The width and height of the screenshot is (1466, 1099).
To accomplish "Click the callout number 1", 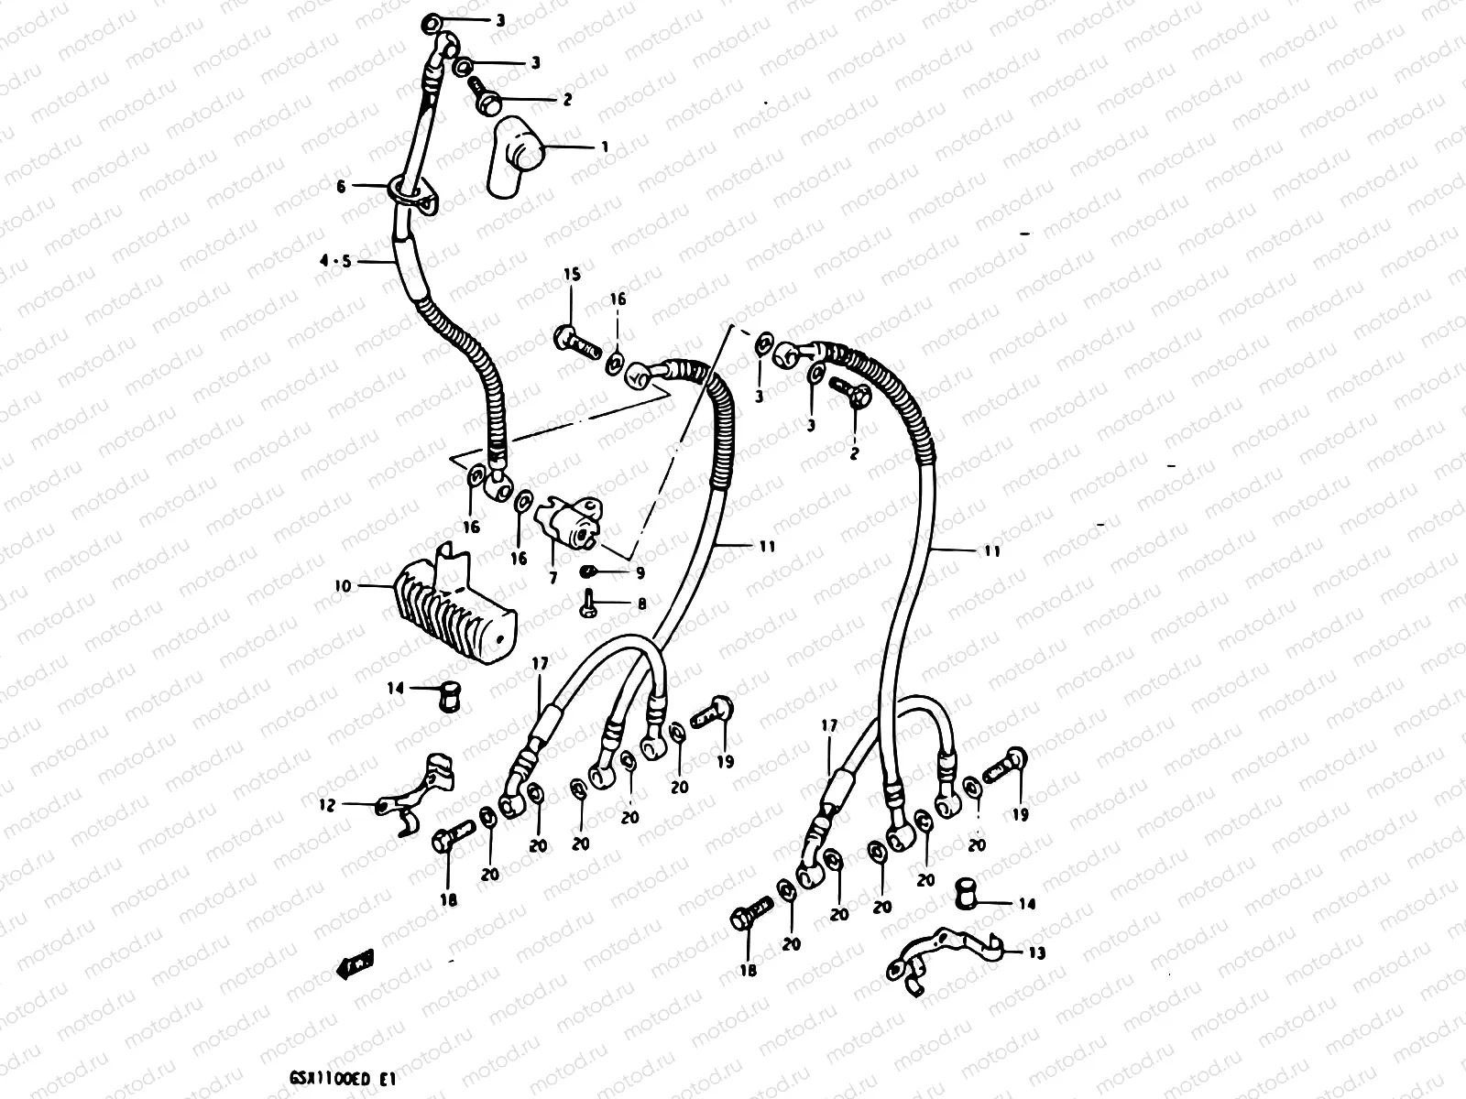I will [x=605, y=147].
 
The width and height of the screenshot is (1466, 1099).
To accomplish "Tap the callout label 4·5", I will [x=334, y=261].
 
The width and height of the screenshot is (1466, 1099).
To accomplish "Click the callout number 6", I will [x=341, y=186].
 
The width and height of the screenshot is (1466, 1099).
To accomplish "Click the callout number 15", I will [x=571, y=274].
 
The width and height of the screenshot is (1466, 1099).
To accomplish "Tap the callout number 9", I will [x=640, y=572].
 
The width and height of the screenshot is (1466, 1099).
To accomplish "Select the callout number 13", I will [x=1036, y=953].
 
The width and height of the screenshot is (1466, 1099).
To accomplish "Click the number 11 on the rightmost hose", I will [x=991, y=551].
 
